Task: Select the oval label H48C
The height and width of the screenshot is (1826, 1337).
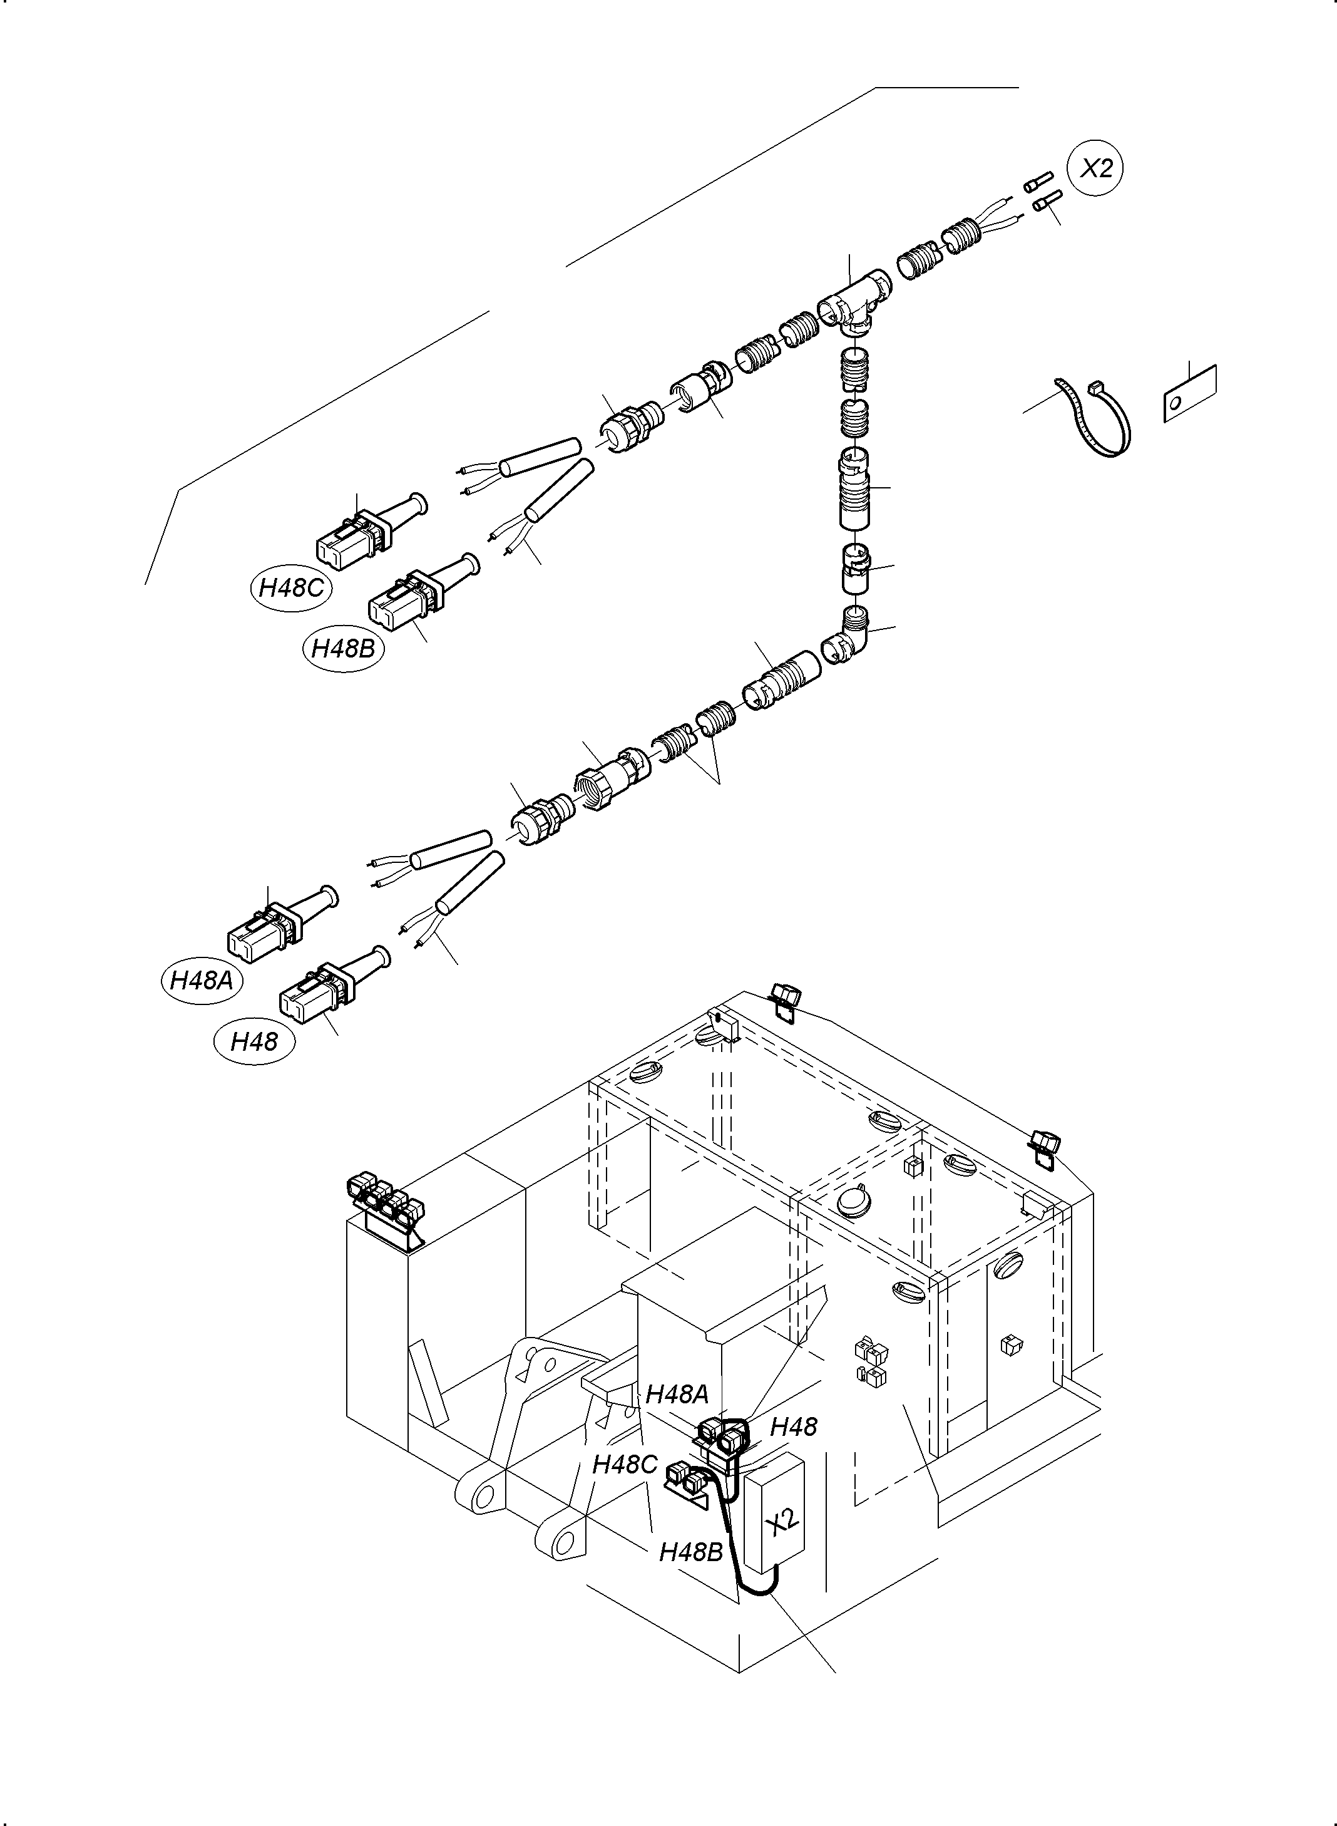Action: pos(290,587)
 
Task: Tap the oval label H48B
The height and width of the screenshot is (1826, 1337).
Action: pos(344,648)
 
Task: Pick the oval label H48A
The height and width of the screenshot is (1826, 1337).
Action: pos(202,981)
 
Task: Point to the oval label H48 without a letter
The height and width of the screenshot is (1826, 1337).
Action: pos(254,1041)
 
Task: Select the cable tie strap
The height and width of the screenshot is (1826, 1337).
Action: pos(1094,417)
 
